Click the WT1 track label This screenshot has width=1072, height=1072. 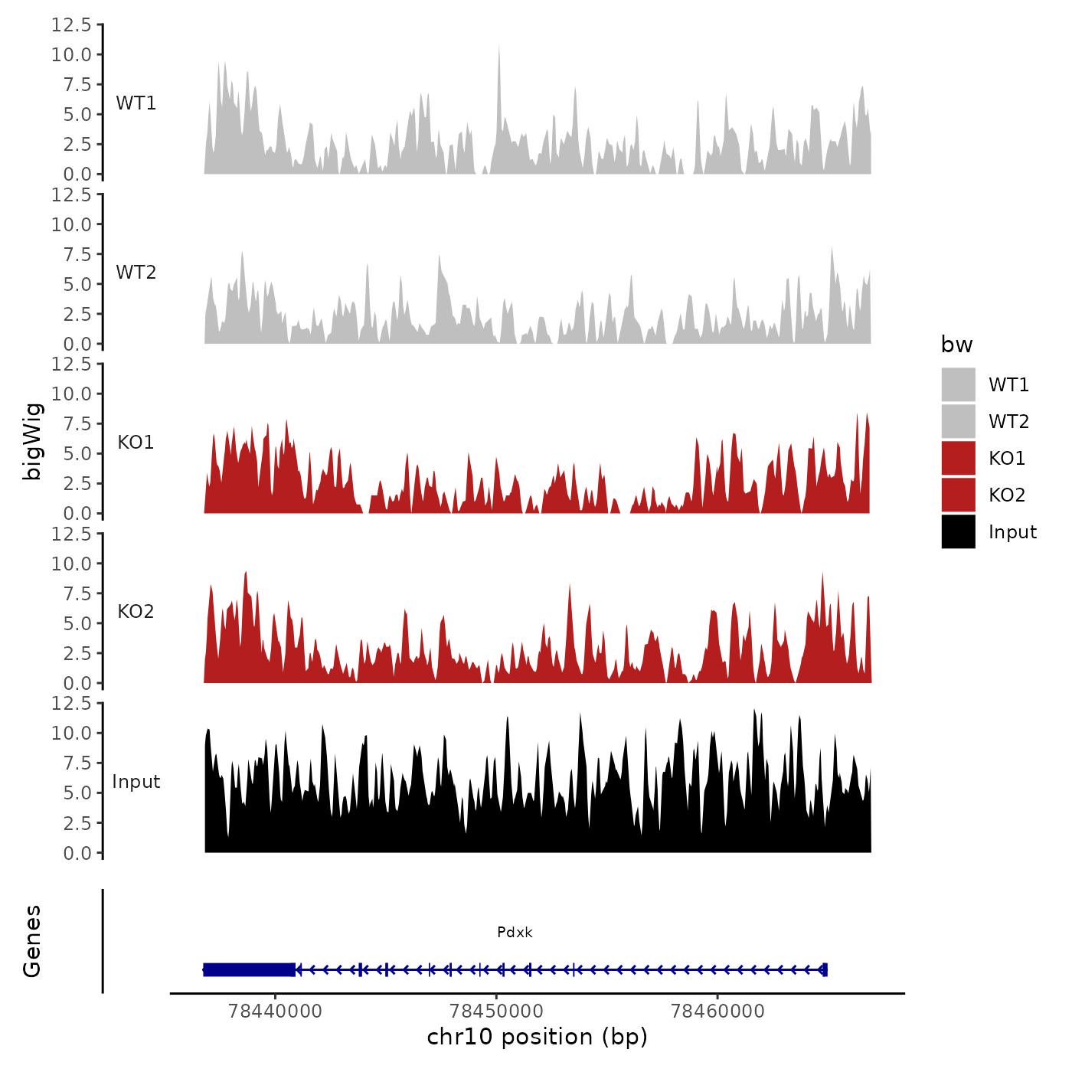(x=136, y=103)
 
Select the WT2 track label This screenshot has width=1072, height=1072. (x=136, y=273)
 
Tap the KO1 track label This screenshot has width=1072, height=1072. (x=136, y=443)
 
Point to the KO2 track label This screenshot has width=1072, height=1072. (x=136, y=612)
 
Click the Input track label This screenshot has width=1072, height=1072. (x=136, y=782)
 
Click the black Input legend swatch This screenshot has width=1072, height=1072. (x=958, y=531)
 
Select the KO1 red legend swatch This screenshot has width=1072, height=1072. (x=958, y=458)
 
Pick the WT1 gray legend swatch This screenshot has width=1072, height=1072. (x=958, y=384)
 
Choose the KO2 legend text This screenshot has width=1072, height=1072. (x=1006, y=495)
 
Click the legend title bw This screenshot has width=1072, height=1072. (x=956, y=345)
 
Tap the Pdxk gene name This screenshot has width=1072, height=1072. (x=515, y=932)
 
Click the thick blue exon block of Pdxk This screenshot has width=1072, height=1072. (x=250, y=969)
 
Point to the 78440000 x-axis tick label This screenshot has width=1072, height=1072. (x=276, y=1011)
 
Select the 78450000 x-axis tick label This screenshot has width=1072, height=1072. (x=496, y=1011)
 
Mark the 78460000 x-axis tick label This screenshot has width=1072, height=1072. (x=717, y=1011)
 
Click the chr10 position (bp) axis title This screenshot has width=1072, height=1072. (x=537, y=1037)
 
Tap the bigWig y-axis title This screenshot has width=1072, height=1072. (x=32, y=441)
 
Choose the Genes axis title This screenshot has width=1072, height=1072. (x=32, y=941)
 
